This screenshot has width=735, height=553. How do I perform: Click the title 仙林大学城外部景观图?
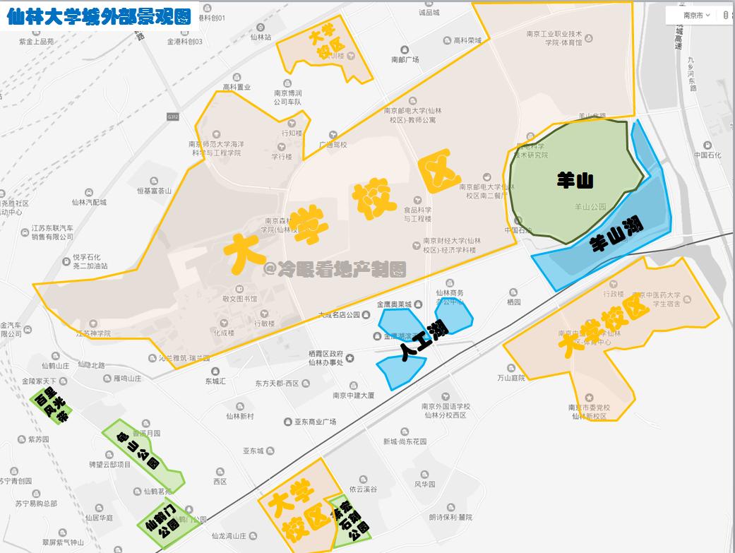99,17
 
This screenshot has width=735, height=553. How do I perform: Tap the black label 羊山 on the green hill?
575,180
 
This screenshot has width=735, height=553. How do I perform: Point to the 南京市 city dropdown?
696,15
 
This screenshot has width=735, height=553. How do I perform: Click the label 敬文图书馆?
240,299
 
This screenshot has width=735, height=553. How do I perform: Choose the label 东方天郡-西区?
277,383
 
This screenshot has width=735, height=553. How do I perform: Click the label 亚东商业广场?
314,422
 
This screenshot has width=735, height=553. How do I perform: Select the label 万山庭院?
511,378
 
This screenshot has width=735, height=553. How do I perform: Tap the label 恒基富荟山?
155,190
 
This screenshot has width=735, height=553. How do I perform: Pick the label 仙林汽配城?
89,202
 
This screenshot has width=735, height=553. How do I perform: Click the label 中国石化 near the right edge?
707,155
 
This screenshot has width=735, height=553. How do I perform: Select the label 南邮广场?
405,60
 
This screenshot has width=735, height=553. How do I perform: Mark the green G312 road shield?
172,116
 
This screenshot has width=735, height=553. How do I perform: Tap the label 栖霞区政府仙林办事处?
325,357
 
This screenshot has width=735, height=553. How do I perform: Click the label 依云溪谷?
363,489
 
